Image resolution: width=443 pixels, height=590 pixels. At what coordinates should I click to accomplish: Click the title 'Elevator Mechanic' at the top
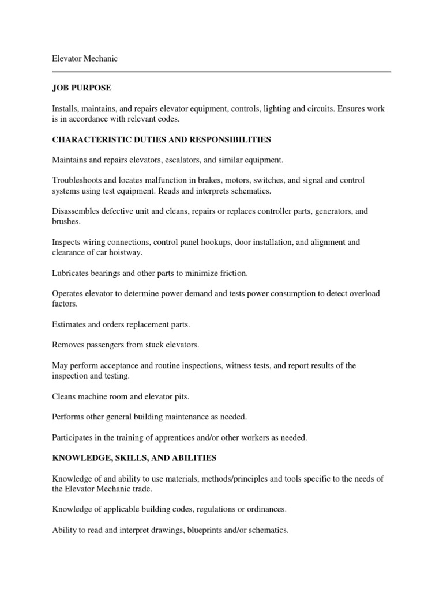coord(85,59)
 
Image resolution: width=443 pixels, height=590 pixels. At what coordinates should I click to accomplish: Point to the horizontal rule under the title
coord(221,72)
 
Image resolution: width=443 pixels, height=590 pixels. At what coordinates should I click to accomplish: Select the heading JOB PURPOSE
coord(81,87)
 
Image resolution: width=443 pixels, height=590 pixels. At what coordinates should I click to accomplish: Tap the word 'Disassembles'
coord(76,211)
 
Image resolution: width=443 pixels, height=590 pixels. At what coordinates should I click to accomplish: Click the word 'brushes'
coord(65,222)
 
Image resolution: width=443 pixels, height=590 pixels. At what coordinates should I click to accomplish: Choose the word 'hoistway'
coord(140,252)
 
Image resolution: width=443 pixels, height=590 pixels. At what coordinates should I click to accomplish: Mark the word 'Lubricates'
coord(71,273)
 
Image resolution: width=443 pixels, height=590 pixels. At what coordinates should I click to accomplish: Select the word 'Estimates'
coord(69,324)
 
